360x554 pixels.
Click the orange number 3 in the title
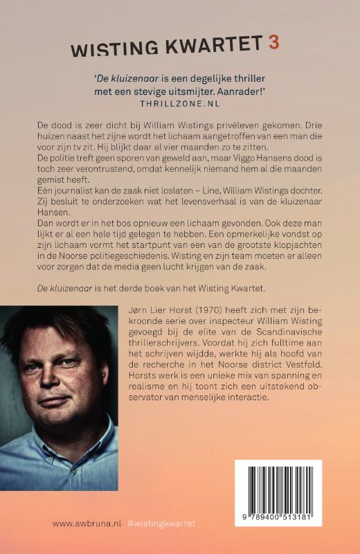click(273, 42)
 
